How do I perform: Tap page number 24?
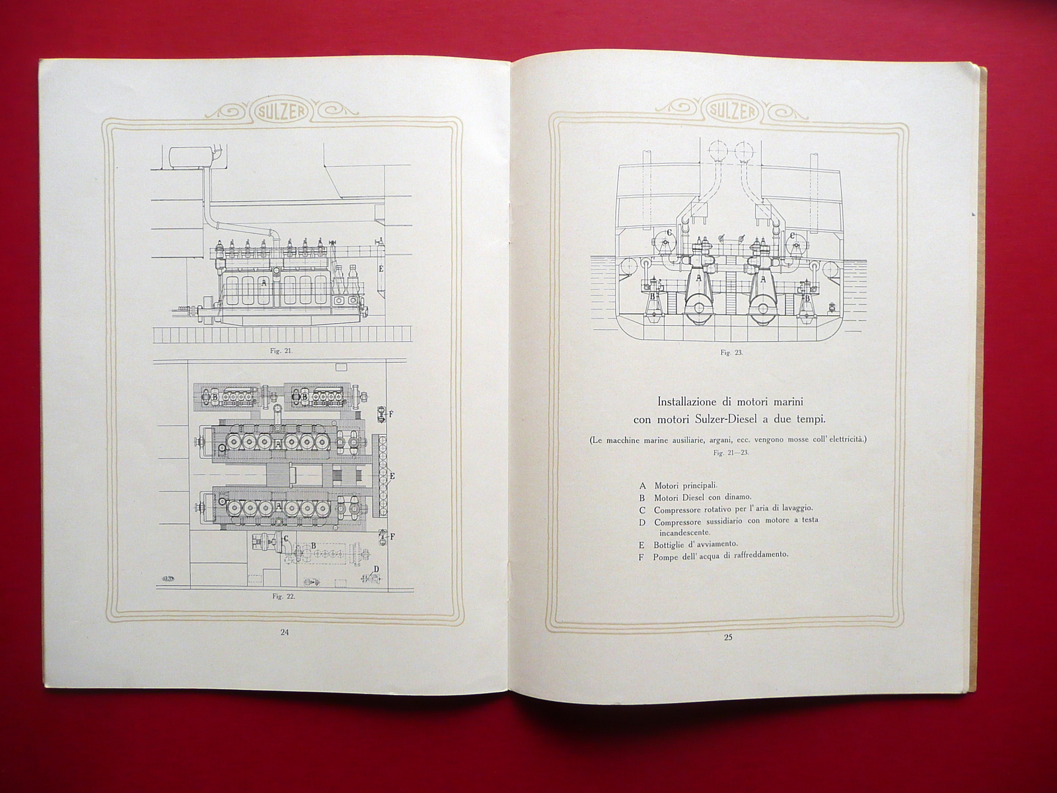point(284,632)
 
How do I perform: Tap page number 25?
point(727,638)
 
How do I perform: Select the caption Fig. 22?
point(284,596)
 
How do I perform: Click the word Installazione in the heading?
point(692,401)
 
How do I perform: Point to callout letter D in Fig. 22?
point(377,569)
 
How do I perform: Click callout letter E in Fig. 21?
point(381,269)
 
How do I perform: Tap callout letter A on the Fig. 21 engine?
point(264,283)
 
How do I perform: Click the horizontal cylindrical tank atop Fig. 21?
point(191,159)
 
